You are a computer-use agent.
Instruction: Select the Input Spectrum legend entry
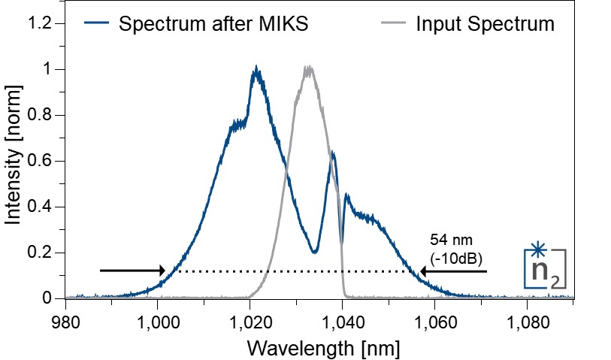tap(485, 23)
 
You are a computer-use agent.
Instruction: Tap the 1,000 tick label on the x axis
tap(158, 316)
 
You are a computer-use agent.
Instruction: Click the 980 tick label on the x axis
tap(66, 316)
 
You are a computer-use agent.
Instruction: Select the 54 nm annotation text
tap(448, 241)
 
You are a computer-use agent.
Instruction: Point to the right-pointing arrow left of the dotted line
tap(132, 271)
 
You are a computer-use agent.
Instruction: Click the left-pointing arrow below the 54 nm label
tap(454, 271)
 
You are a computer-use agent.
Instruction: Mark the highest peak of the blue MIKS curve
tap(256, 68)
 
